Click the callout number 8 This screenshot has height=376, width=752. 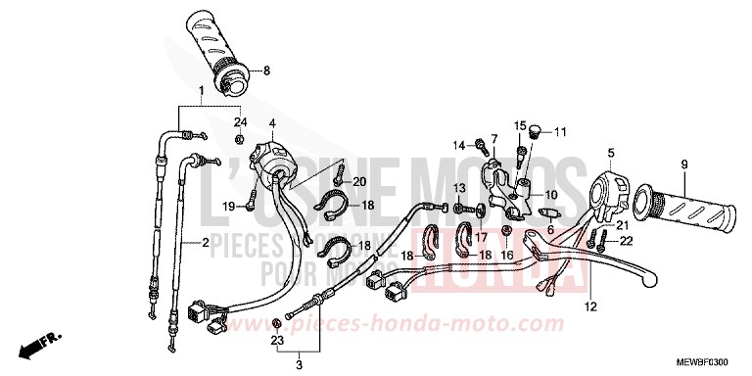click(x=264, y=71)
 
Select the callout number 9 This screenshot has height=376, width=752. click(x=684, y=164)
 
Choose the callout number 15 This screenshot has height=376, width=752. click(x=522, y=125)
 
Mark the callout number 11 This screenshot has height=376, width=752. click(x=560, y=131)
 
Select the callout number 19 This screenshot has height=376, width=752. click(x=229, y=206)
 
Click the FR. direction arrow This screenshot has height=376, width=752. click(x=43, y=344)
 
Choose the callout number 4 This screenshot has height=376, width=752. click(x=273, y=121)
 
